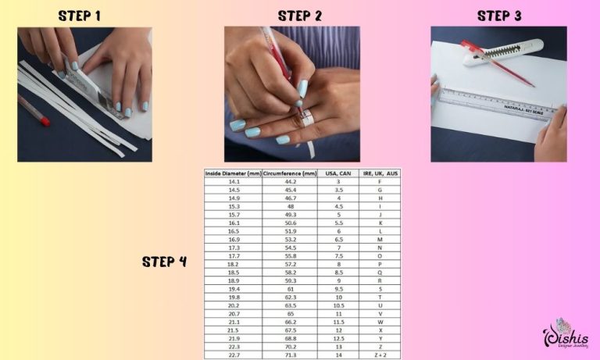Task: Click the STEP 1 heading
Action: pyautogui.click(x=80, y=16)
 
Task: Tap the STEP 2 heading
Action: pyautogui.click(x=300, y=16)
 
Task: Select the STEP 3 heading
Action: pyautogui.click(x=500, y=16)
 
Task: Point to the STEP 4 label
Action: pyautogui.click(x=164, y=262)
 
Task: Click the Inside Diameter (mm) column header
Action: pyautogui.click(x=232, y=173)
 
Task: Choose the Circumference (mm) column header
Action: pyautogui.click(x=289, y=173)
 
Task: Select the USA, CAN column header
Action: pyautogui.click(x=339, y=173)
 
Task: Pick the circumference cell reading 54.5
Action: pyautogui.click(x=289, y=247)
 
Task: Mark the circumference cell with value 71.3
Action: pyautogui.click(x=289, y=355)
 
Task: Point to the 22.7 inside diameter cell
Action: pyautogui.click(x=232, y=355)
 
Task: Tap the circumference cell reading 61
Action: pyautogui.click(x=289, y=288)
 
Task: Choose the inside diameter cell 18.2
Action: pyautogui.click(x=232, y=263)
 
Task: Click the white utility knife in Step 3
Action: pyautogui.click(x=500, y=51)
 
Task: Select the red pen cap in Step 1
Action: pyautogui.click(x=44, y=119)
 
